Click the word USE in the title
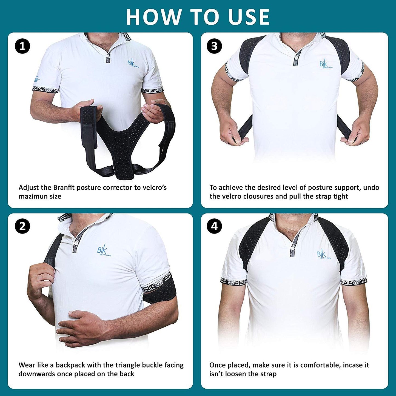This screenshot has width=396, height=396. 249,17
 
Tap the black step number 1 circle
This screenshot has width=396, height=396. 22,46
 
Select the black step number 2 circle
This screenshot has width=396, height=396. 22,227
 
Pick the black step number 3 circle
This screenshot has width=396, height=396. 214,46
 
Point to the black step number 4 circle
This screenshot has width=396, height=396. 214,227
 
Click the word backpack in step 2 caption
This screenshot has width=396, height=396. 70,365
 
